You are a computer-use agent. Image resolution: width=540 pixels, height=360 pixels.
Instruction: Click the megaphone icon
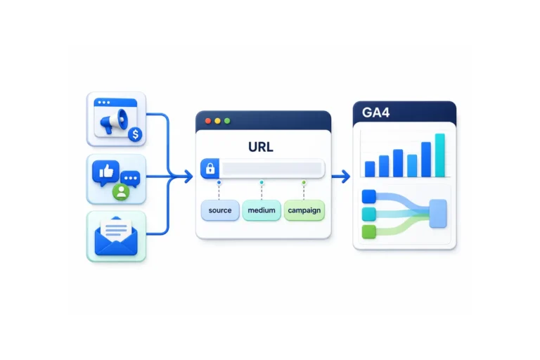point(114,121)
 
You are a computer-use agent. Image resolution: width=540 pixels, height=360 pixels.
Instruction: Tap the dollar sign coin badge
point(135,134)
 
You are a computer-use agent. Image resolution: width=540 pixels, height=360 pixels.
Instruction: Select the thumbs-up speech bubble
point(105,172)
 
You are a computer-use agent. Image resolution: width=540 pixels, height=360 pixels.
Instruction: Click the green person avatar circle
point(121,192)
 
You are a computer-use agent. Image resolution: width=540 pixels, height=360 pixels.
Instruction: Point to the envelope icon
point(116,236)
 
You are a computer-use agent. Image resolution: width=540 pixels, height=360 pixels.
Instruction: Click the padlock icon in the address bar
point(210,169)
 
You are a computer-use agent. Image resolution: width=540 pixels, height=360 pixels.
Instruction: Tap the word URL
point(261,147)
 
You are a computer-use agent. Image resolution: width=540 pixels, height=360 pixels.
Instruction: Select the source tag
point(220,210)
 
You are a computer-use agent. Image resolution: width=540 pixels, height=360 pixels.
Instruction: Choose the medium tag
point(262,210)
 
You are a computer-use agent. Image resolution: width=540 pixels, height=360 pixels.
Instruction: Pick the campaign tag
point(304,210)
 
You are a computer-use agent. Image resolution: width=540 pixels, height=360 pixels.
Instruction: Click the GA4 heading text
point(375,112)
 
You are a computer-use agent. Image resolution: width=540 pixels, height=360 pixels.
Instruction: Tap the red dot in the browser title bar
point(208,121)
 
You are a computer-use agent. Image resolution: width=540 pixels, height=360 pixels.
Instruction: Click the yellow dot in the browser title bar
point(218,121)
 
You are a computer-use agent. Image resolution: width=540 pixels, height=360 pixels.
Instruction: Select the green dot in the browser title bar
point(227,121)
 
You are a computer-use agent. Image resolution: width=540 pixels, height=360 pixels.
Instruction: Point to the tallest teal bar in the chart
point(439,155)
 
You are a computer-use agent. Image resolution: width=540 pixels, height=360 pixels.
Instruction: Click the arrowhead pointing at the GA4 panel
point(346,176)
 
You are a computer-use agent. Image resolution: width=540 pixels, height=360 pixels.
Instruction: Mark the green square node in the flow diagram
point(369,231)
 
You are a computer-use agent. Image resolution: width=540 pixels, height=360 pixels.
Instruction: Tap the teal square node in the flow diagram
point(369,214)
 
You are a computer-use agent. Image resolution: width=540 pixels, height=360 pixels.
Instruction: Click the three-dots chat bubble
point(131,179)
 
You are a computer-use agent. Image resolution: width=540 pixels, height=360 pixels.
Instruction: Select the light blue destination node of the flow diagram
point(438,214)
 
